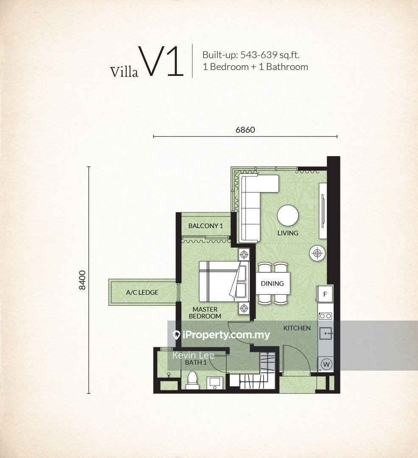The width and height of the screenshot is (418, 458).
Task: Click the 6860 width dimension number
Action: pyautogui.click(x=245, y=130)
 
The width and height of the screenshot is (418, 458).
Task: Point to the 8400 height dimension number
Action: pyautogui.click(x=83, y=280)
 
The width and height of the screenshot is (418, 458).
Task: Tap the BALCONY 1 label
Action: pyautogui.click(x=206, y=226)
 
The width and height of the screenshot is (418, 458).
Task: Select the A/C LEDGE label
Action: pyautogui.click(x=142, y=292)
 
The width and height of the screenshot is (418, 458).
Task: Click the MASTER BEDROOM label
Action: pyautogui.click(x=205, y=313)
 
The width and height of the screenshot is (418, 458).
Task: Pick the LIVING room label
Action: pyautogui.click(x=288, y=233)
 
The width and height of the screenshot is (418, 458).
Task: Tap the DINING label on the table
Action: pyautogui.click(x=272, y=283)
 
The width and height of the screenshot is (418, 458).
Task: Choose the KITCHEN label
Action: pyautogui.click(x=297, y=328)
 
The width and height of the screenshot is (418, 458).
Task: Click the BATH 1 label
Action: pyautogui.click(x=196, y=363)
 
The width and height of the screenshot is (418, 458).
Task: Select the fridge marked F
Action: pyautogui.click(x=325, y=294)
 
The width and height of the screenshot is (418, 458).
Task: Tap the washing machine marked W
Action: pyautogui.click(x=326, y=364)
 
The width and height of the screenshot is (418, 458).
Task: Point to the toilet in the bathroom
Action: pyautogui.click(x=192, y=380)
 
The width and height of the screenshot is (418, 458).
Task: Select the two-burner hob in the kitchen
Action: pyautogui.click(x=326, y=316)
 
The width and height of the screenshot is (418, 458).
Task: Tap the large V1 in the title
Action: pyautogui.click(x=161, y=62)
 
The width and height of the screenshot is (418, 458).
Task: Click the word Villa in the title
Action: pyautogui.click(x=124, y=72)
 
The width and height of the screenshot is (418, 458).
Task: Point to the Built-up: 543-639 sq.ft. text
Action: pyautogui.click(x=251, y=55)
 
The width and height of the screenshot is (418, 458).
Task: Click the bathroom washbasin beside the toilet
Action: pyautogui.click(x=215, y=383)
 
